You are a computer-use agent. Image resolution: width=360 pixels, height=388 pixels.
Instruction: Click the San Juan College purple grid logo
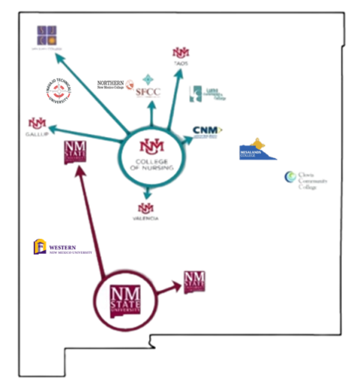click(46, 34)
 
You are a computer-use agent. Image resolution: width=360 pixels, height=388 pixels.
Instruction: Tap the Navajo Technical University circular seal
click(59, 94)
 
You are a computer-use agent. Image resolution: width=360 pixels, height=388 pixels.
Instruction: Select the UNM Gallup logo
click(36, 123)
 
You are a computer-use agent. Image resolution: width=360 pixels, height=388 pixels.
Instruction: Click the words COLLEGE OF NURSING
click(151, 164)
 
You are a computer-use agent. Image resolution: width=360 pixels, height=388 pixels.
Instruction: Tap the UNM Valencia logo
click(145, 207)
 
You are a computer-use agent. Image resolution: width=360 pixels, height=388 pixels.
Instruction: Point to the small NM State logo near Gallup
click(76, 152)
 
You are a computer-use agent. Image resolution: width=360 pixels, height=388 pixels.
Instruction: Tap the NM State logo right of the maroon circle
click(194, 282)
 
